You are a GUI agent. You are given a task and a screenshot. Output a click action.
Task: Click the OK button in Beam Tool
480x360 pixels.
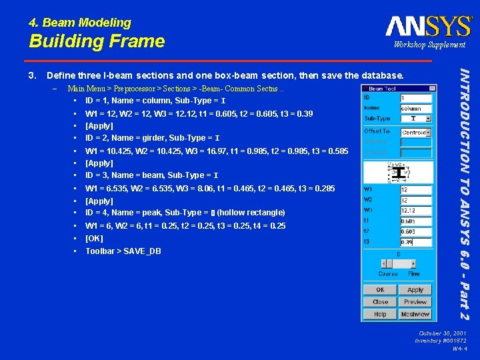380,290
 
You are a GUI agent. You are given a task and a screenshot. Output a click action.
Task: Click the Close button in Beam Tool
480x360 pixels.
380,302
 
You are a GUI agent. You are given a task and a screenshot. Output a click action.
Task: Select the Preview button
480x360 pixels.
415,302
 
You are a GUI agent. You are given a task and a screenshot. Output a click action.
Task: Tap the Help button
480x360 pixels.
380,314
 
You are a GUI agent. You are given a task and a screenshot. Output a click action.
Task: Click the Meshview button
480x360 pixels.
415,314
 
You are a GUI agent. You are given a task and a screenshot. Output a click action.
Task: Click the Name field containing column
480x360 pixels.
415,108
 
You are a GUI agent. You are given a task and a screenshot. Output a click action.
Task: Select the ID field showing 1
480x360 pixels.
415,98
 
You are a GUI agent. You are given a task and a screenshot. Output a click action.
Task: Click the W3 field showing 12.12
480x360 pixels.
415,211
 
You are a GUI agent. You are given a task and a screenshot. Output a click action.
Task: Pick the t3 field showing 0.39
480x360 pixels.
415,241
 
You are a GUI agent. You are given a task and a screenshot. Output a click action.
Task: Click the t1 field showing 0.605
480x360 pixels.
415,221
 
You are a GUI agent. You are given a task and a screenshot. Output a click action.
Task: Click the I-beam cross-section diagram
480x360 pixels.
398,172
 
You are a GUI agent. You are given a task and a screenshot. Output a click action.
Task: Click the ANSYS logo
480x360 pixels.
429,26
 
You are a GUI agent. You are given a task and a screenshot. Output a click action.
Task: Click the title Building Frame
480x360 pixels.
97,41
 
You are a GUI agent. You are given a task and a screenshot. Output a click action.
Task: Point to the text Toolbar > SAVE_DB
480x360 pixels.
123,251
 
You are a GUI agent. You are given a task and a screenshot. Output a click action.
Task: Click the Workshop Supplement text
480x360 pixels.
429,45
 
